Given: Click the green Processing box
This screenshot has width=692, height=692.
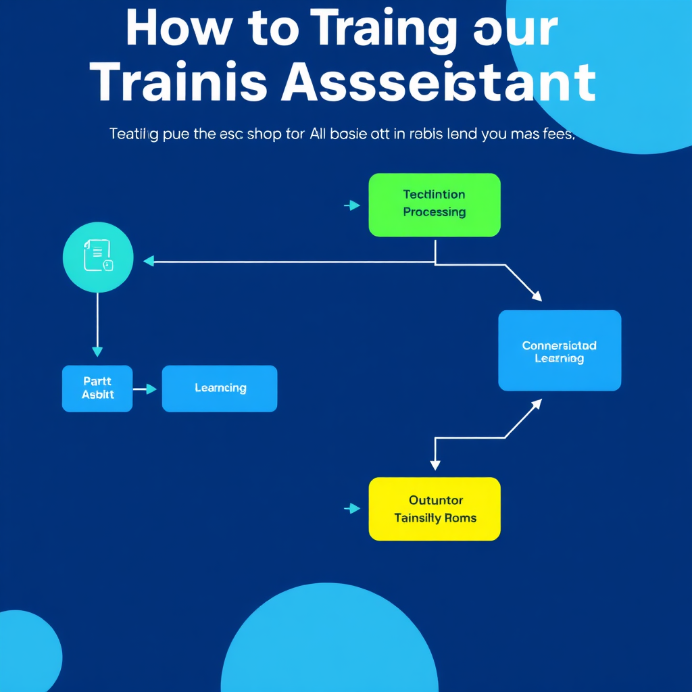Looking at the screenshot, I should coord(435,205).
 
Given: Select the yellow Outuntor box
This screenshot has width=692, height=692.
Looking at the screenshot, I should coord(435,509).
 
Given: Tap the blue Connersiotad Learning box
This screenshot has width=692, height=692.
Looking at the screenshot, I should coord(560,350).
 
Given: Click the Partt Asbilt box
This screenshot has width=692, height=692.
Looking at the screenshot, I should coord(97,389).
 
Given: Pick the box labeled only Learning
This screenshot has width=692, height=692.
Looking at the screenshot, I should coord(220,389).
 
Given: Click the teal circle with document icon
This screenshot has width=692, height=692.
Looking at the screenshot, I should coord(98,257).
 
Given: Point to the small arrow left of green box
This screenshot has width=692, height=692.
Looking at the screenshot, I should coord(352,205).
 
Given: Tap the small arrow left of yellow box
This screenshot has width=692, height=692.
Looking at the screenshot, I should coord(352,509).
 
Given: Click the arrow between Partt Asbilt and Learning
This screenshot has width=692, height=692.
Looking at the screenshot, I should coord(147,389).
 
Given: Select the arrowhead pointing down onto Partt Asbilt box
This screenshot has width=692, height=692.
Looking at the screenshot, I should coord(97,351).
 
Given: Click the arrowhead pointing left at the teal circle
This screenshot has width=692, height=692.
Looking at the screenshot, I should coord(149,261).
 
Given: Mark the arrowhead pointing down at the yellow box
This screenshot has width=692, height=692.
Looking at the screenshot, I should coord(435,465).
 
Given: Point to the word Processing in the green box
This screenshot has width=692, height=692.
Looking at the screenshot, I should coord(435,212).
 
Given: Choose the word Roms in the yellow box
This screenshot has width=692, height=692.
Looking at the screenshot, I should coord(461,518).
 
